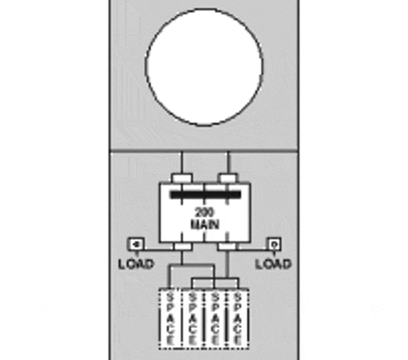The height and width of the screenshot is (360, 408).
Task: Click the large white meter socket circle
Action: pyautogui.click(x=204, y=67)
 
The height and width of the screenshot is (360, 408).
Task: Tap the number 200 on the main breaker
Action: pyautogui.click(x=205, y=213)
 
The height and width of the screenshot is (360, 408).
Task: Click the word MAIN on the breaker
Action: pyautogui.click(x=205, y=224)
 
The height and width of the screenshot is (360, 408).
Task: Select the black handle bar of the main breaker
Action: pyautogui.click(x=205, y=194)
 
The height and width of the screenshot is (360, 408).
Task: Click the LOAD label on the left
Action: pyautogui.click(x=136, y=264)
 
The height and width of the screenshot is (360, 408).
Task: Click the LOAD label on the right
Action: pyautogui.click(x=273, y=264)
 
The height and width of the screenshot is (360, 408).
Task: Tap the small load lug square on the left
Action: pyautogui.click(x=135, y=244)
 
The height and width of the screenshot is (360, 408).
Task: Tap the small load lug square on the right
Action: pyautogui.click(x=274, y=244)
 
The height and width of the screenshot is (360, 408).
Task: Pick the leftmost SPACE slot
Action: pyautogui.click(x=170, y=318)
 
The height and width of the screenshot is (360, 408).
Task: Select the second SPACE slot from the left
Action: pyautogui.click(x=192, y=318)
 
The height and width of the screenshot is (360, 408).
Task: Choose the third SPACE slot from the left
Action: pyautogui.click(x=215, y=318)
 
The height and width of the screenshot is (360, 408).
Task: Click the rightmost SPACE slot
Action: pyautogui.click(x=237, y=318)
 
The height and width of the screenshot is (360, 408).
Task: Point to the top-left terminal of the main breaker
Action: pyautogui.click(x=182, y=179)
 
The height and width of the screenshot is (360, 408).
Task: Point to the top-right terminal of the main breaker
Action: pyautogui.click(x=228, y=179)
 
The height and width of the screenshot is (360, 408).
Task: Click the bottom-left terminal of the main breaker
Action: pyautogui.click(x=183, y=247)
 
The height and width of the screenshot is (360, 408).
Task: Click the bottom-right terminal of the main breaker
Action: pyautogui.click(x=227, y=247)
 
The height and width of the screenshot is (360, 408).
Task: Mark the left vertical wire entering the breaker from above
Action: pyautogui.click(x=182, y=163)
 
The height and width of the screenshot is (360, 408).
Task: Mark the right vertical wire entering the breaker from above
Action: pyautogui.click(x=228, y=163)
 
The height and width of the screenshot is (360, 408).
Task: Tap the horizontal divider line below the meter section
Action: pyautogui.click(x=204, y=151)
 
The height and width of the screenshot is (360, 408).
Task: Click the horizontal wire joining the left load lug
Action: pyautogui.click(x=159, y=250)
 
